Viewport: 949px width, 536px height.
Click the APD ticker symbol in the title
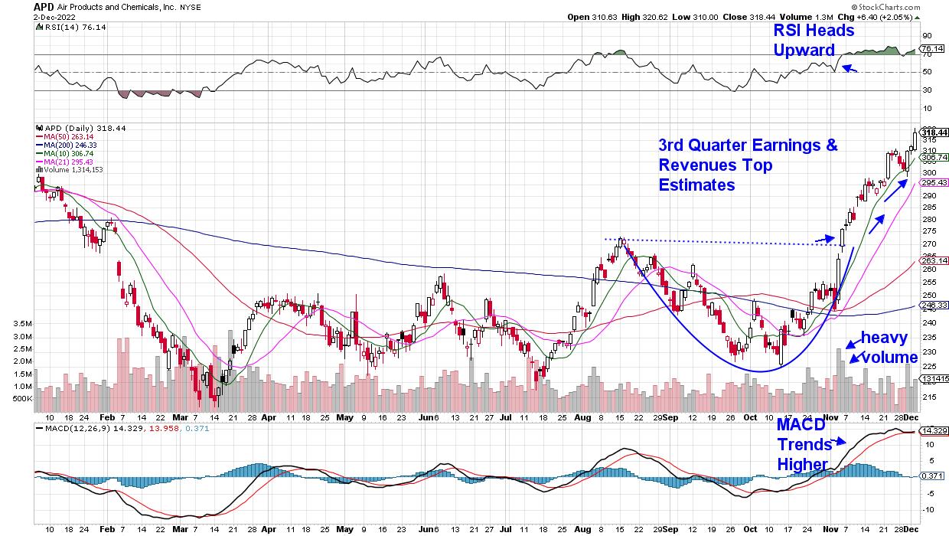44,6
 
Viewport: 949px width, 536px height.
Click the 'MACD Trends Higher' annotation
804,445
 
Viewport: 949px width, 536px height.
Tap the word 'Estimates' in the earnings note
697,185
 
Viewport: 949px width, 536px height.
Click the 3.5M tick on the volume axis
21,325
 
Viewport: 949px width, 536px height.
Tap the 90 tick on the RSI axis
925,35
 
